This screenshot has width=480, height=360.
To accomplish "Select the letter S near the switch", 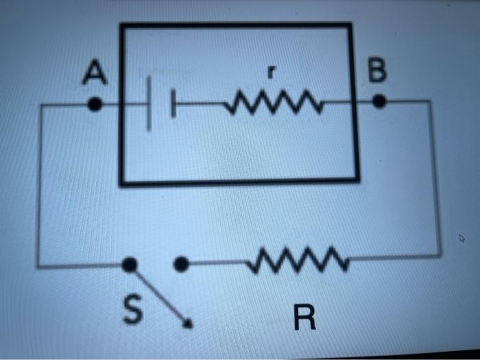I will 132,309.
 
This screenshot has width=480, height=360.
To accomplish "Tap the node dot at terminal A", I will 96,105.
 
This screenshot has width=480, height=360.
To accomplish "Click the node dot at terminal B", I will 379,102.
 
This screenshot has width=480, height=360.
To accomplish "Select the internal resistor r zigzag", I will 273,104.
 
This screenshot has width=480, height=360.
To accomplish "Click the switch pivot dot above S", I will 129,265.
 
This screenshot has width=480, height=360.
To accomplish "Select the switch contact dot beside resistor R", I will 181,263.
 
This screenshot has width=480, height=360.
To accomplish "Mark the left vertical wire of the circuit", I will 39,185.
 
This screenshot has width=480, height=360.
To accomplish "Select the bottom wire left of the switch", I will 82,265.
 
